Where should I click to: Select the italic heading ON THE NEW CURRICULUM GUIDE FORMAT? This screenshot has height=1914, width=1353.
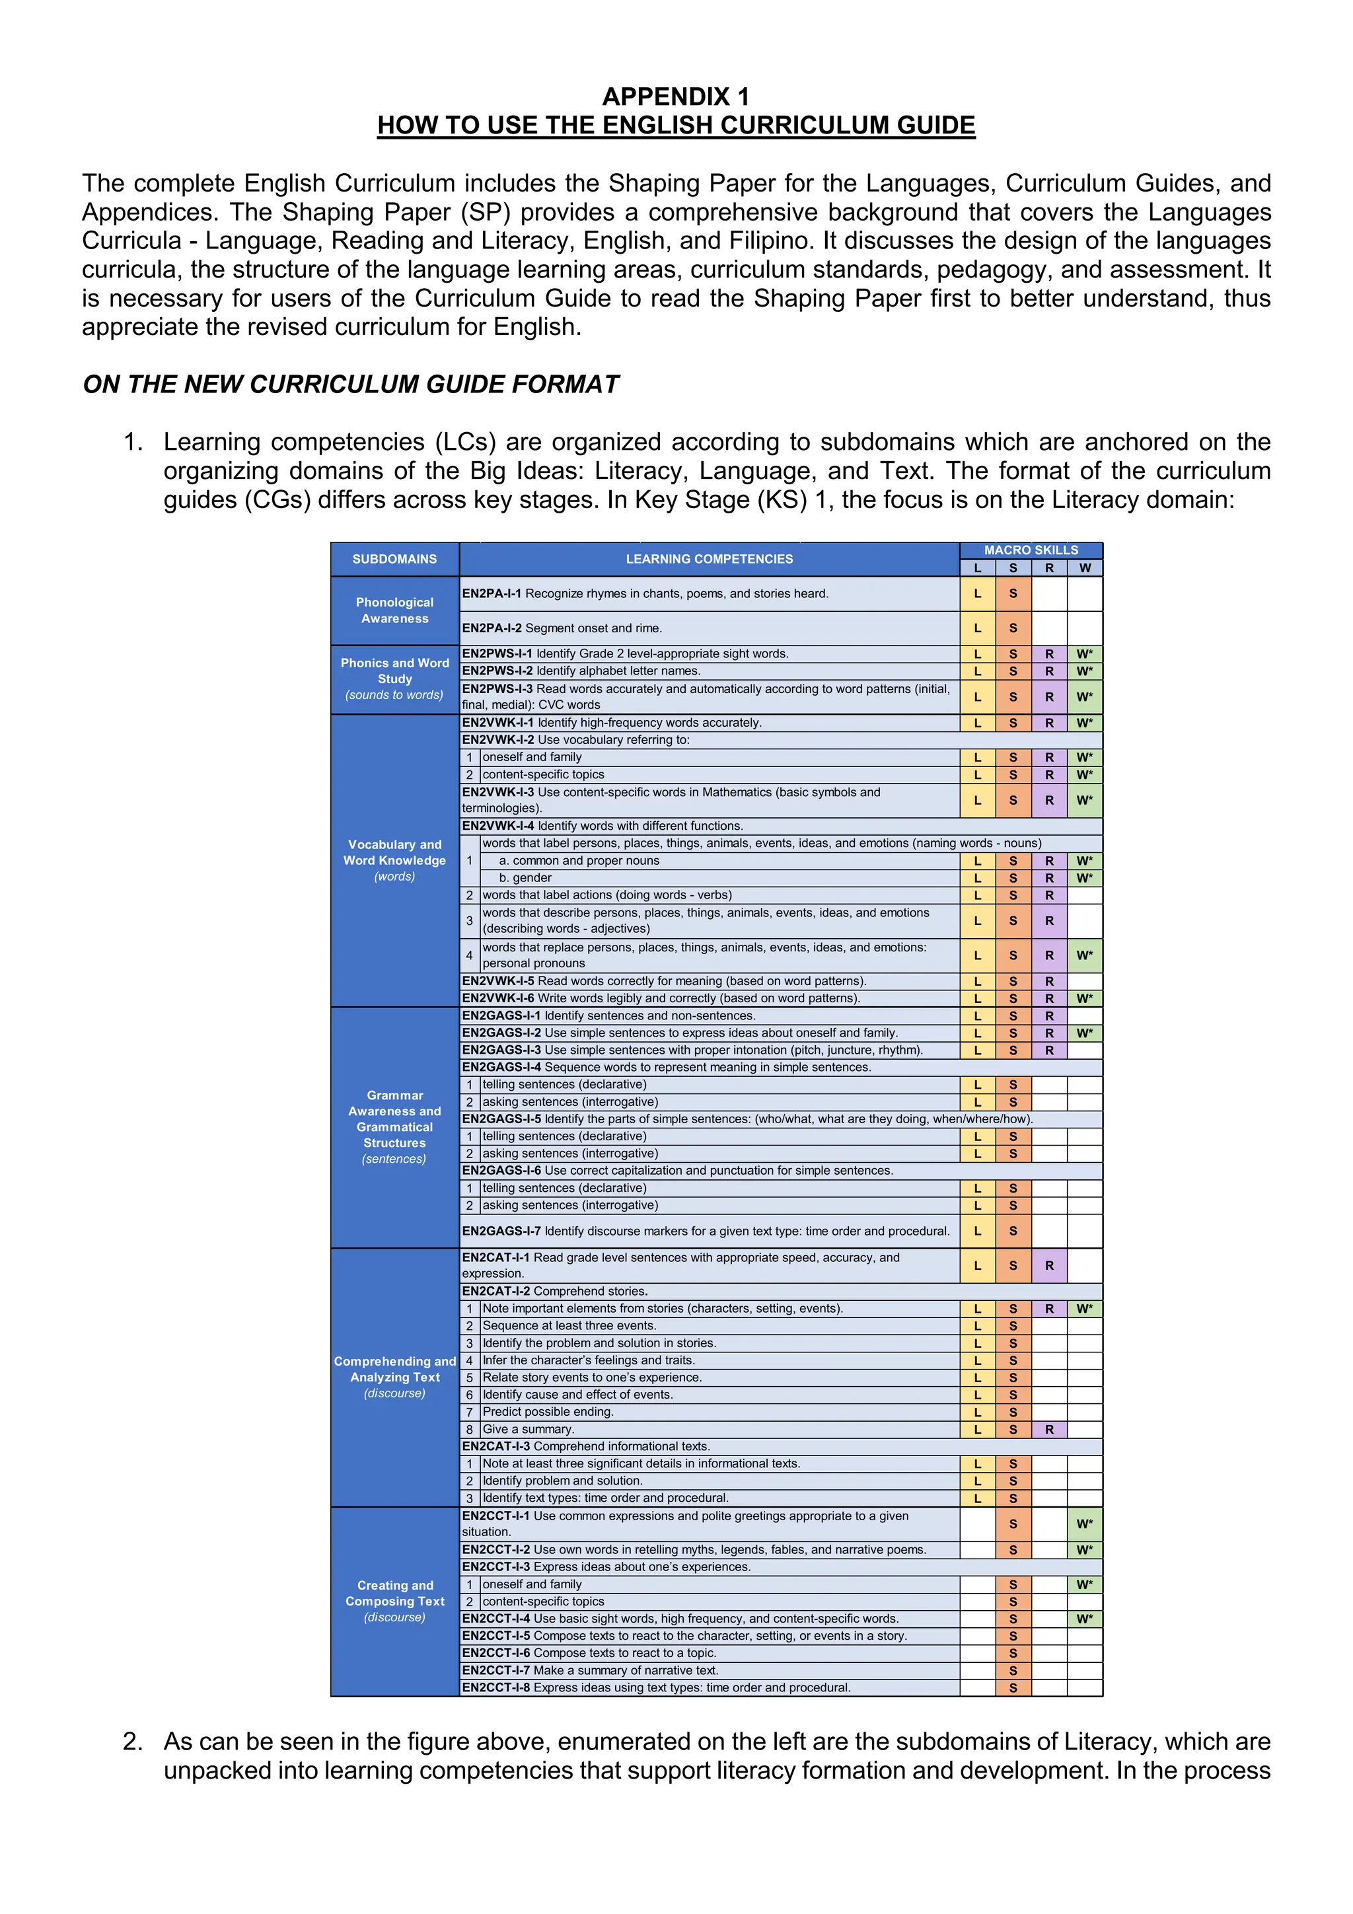(350, 385)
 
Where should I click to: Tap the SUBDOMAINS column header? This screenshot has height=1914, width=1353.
(394, 560)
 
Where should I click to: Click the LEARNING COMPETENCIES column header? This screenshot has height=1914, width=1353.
(709, 560)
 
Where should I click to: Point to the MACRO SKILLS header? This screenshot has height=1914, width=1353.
(1031, 550)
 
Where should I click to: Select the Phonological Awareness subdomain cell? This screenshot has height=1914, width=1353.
(394, 610)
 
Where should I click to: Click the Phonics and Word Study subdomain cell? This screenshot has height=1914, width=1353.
(394, 679)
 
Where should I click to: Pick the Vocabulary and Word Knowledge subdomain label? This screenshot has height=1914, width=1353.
(394, 860)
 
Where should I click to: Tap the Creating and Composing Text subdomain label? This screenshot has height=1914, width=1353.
(394, 1601)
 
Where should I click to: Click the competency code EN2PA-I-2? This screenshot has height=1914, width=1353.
(491, 628)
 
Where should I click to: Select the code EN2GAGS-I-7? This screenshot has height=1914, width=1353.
(501, 1232)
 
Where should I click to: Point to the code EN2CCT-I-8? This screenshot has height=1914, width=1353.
(496, 1687)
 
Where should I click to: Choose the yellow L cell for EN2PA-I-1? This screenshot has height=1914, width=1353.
(977, 595)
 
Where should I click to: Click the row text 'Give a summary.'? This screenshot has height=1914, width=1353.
(528, 1429)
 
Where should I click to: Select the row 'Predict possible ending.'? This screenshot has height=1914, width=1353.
(548, 1411)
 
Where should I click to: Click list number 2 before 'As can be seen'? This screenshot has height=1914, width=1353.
(133, 1742)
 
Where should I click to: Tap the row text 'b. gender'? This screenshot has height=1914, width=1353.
(525, 878)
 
